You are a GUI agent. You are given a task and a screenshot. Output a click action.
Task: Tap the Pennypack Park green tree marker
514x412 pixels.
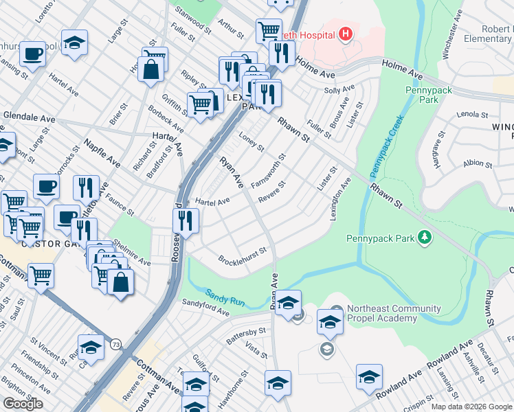(x=426, y=238)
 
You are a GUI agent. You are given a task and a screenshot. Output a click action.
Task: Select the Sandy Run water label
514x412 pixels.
(x=222, y=295)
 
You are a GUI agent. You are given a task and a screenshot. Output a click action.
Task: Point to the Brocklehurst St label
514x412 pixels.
(x=242, y=256)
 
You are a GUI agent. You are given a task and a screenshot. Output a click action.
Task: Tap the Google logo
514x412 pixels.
(x=23, y=403)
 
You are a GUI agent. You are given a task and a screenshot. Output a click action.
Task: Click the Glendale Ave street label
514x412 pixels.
(x=29, y=118)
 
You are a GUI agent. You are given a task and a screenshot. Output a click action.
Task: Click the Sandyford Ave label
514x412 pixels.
(x=205, y=308)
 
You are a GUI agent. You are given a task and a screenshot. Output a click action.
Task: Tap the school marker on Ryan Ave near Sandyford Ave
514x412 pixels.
(x=289, y=302)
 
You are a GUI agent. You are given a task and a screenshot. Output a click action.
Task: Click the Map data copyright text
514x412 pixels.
(x=471, y=407)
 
